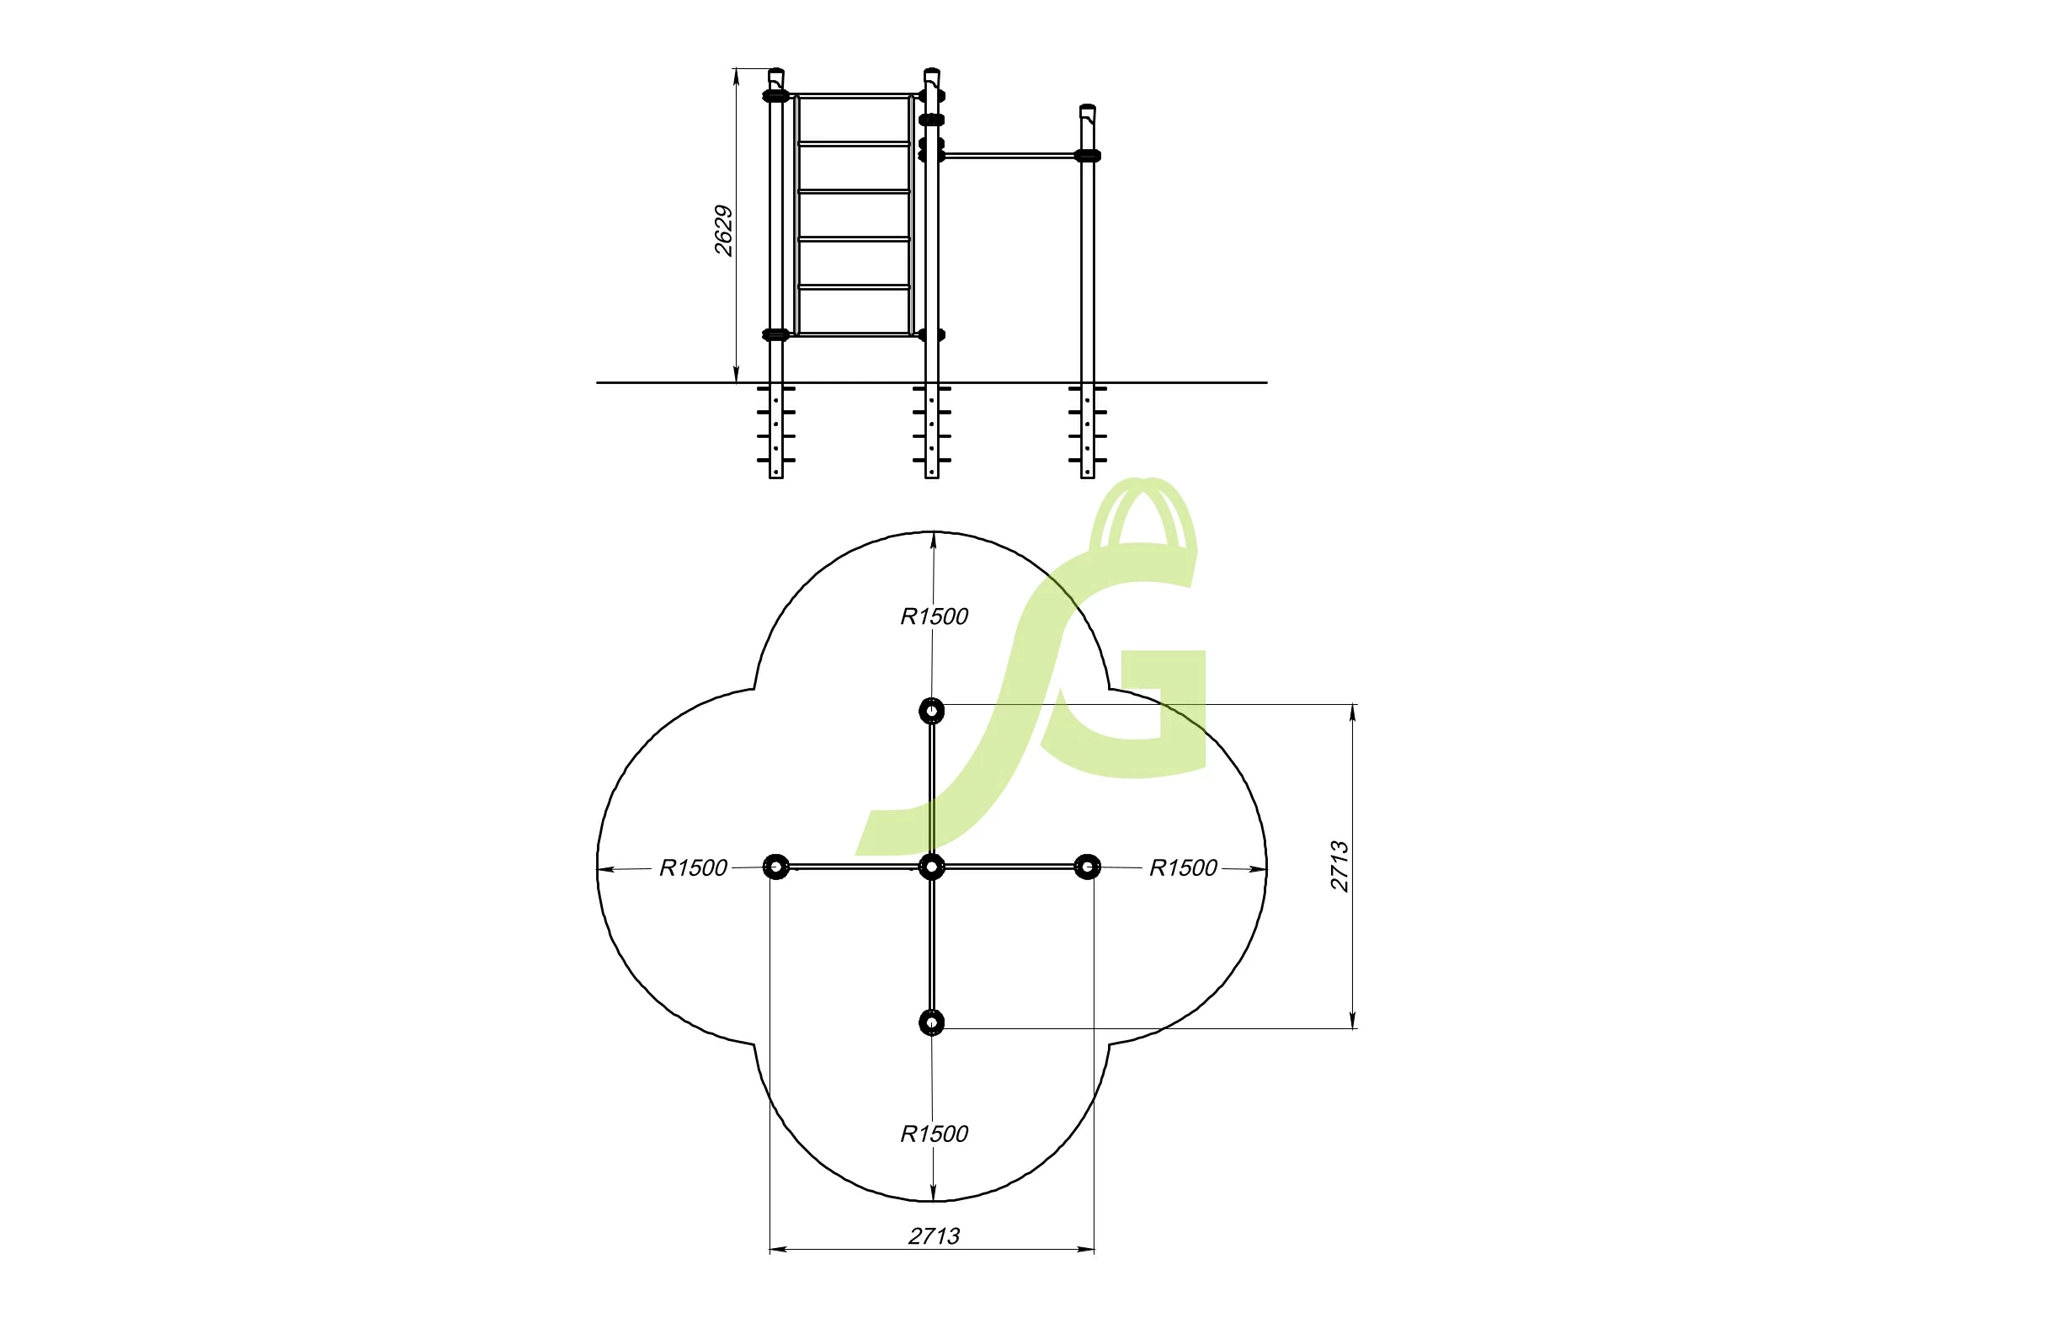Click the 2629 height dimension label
[724, 231]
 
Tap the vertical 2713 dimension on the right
[1339, 867]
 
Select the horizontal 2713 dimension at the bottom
[934, 1236]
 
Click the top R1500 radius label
[935, 616]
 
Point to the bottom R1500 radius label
[935, 1134]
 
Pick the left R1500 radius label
[694, 868]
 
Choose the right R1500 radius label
[1183, 868]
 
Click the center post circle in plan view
[932, 867]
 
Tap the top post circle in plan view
[932, 711]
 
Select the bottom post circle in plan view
[932, 1022]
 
